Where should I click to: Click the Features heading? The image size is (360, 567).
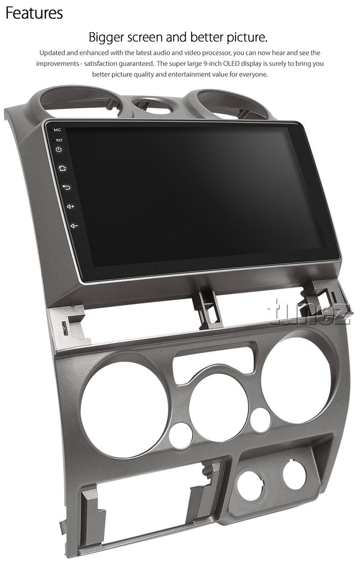coord(34,13)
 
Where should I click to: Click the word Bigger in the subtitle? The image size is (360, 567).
coord(106,38)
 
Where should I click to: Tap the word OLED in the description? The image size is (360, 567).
coord(231,64)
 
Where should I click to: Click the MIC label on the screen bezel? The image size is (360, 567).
coord(57,130)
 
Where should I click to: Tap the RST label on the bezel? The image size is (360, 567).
coord(59,140)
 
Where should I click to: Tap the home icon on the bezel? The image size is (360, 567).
coord(63,168)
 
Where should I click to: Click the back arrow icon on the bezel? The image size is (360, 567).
coord(66,187)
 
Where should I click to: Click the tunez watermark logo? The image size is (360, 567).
coord(310,312)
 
